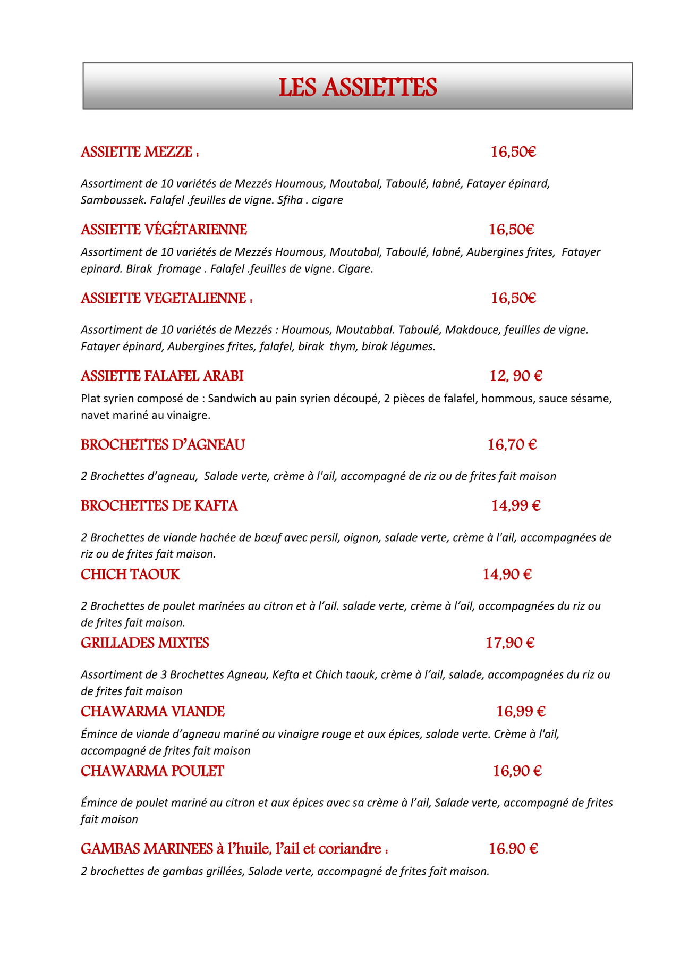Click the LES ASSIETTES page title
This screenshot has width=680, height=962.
click(x=358, y=87)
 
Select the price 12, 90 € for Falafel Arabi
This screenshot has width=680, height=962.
click(x=515, y=376)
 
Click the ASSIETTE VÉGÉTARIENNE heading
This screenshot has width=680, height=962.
click(x=164, y=230)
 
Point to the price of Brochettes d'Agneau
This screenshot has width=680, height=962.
click(x=512, y=445)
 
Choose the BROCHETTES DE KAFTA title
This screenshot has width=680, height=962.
click(x=159, y=505)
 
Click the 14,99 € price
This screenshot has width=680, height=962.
click(x=515, y=505)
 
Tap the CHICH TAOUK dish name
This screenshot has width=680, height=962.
click(x=130, y=575)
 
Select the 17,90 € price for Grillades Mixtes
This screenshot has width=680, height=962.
click(x=510, y=643)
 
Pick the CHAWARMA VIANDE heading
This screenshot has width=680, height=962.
click(x=152, y=712)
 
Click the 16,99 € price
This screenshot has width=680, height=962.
click(x=521, y=712)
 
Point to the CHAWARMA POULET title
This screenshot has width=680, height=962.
click(x=152, y=771)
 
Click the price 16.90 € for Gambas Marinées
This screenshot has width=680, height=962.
click(x=513, y=849)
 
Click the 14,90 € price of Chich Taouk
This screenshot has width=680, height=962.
click(x=507, y=575)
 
